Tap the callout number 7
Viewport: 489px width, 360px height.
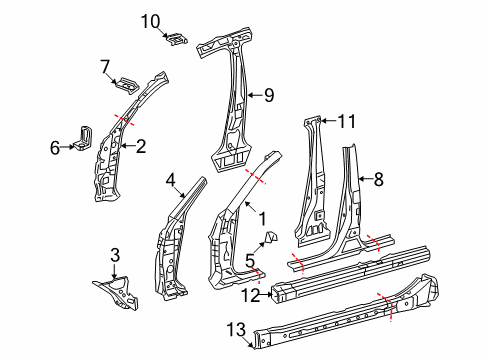(104, 66)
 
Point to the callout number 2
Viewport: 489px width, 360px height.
(141, 147)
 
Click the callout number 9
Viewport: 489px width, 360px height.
(268, 96)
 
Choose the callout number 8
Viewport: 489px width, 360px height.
(378, 181)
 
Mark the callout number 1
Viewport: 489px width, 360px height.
(262, 215)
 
